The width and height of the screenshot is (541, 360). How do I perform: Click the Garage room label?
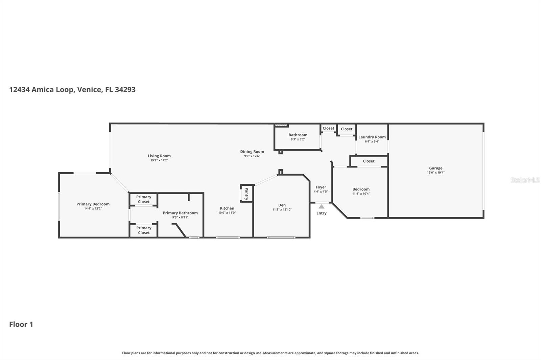pos(436,168)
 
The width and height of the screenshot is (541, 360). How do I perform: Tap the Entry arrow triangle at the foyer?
pos(321,207)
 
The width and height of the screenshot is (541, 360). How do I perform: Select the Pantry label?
pos(246,194)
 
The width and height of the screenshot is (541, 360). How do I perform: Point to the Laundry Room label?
pos(372,137)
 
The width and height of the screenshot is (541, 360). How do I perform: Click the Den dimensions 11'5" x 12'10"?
pos(282,210)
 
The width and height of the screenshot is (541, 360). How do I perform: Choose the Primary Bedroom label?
pos(93,204)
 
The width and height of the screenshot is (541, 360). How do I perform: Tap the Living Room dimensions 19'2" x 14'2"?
pos(159,160)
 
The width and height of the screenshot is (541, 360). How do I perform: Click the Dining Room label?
pos(252,152)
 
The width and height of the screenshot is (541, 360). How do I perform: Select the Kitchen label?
pos(227,208)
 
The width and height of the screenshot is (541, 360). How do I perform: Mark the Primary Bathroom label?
pos(180,213)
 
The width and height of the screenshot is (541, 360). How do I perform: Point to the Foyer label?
pos(321,187)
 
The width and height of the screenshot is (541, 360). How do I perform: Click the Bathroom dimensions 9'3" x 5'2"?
pos(298,139)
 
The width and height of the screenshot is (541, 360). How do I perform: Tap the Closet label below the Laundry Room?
pos(369,161)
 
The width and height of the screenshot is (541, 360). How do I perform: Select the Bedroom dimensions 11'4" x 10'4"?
pos(361,194)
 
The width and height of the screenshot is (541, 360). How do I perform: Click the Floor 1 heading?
pos(21,324)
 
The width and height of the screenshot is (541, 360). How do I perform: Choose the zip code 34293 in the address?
pos(125,89)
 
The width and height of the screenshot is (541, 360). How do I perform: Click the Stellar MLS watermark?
pos(525,180)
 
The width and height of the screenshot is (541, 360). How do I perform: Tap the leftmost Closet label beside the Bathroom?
pos(328,128)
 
